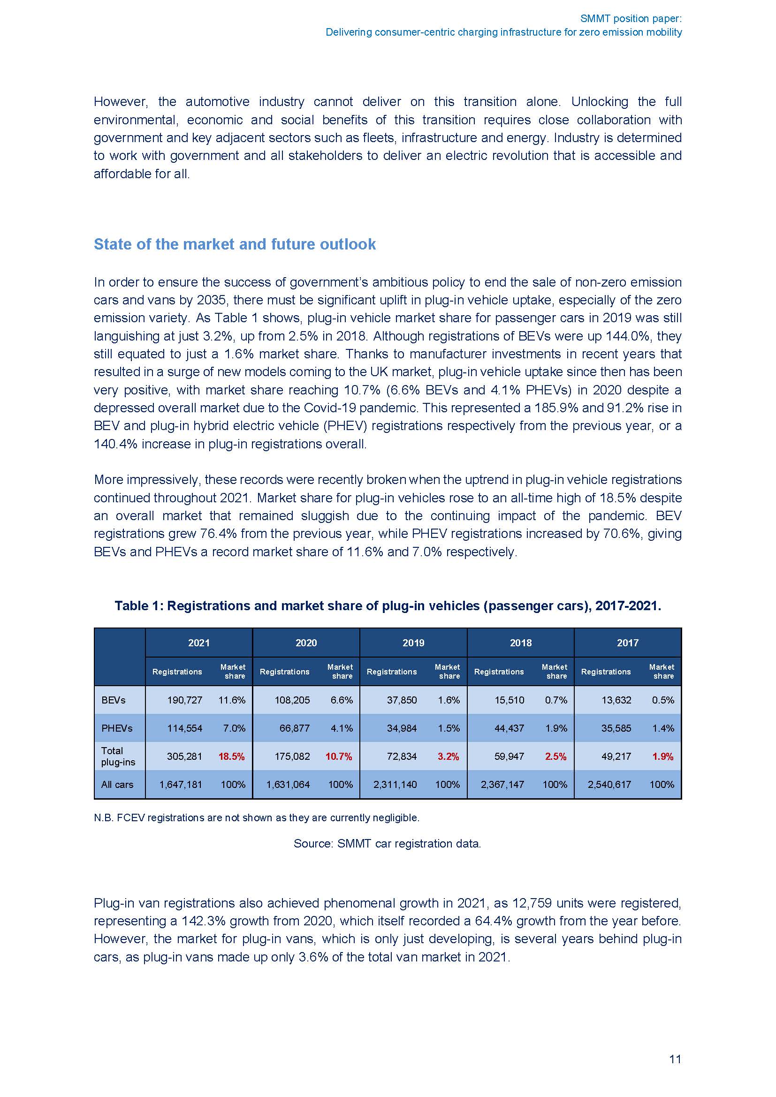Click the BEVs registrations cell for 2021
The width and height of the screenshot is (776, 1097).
(184, 700)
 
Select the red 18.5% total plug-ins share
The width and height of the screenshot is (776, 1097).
(231, 757)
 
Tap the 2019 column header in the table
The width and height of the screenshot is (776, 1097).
(413, 643)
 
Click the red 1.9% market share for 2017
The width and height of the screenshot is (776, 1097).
(663, 757)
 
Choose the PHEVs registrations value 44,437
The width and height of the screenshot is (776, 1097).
(509, 728)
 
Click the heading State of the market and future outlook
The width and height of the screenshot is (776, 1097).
(235, 244)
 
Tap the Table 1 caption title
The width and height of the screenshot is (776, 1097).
(388, 606)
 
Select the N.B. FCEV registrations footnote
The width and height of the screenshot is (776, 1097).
(257, 817)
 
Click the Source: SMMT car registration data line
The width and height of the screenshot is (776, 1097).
(387, 843)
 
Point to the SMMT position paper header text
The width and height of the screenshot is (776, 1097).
(631, 19)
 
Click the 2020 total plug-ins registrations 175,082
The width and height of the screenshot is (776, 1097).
(292, 757)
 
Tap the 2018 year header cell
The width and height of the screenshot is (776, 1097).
(520, 643)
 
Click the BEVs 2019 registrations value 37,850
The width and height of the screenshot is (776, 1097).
(402, 700)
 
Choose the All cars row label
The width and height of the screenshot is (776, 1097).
(117, 785)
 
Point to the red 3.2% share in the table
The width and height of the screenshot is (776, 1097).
(448, 757)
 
